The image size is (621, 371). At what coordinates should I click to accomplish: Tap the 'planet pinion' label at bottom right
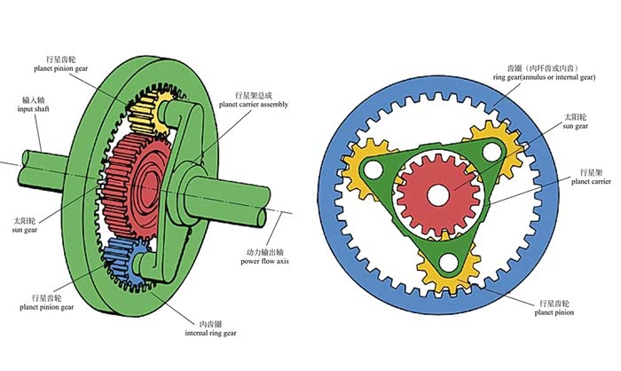553,312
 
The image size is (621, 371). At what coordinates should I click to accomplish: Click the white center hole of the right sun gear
440,189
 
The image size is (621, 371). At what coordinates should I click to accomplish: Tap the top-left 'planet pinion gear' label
66,64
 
